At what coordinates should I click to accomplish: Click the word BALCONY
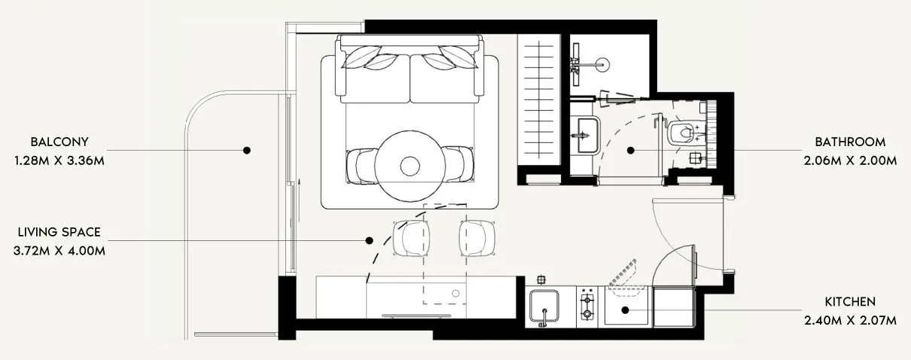pos(59,142)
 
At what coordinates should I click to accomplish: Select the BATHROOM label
pos(850,142)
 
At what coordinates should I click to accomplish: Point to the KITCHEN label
pos(850,301)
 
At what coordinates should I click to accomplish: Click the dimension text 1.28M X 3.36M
pos(59,160)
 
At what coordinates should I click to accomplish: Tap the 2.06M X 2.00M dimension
pos(850,160)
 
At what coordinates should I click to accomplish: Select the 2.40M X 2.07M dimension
pos(850,320)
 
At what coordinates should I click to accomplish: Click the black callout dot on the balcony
pos(246,151)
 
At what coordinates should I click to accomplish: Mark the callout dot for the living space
pos(370,241)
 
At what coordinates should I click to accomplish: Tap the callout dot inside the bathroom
pos(631,151)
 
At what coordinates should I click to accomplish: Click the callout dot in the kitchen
pos(625,310)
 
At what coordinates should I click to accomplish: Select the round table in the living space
pos(410,164)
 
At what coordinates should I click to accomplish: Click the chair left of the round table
pos(361,165)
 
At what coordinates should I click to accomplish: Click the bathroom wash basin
pos(583,136)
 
